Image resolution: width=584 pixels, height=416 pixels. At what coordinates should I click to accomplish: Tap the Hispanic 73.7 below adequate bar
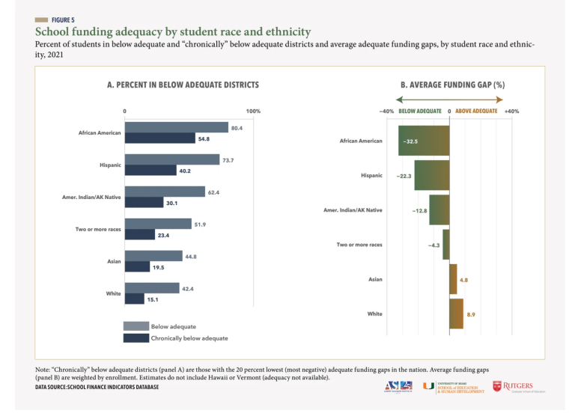172,160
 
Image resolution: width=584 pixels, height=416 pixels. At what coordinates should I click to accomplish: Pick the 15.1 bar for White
134,299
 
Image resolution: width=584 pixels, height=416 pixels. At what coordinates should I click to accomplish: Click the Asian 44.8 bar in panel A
153,257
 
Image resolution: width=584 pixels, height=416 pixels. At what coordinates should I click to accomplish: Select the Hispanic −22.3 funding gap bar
431,176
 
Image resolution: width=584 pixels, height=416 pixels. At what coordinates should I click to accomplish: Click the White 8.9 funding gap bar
456,313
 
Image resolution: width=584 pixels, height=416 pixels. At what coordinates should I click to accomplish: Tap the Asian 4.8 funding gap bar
453,279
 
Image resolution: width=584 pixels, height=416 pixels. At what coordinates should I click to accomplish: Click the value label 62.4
214,192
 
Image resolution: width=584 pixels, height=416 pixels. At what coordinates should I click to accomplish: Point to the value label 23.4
163,235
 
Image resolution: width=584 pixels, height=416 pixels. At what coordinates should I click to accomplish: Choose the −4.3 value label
434,245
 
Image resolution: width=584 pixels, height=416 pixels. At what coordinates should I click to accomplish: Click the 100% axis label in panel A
253,111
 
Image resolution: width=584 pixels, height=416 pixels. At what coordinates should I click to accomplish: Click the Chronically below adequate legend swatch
136,338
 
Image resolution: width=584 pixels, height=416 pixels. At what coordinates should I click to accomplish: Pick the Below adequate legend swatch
136,326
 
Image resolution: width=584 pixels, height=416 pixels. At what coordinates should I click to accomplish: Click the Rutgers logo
517,387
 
